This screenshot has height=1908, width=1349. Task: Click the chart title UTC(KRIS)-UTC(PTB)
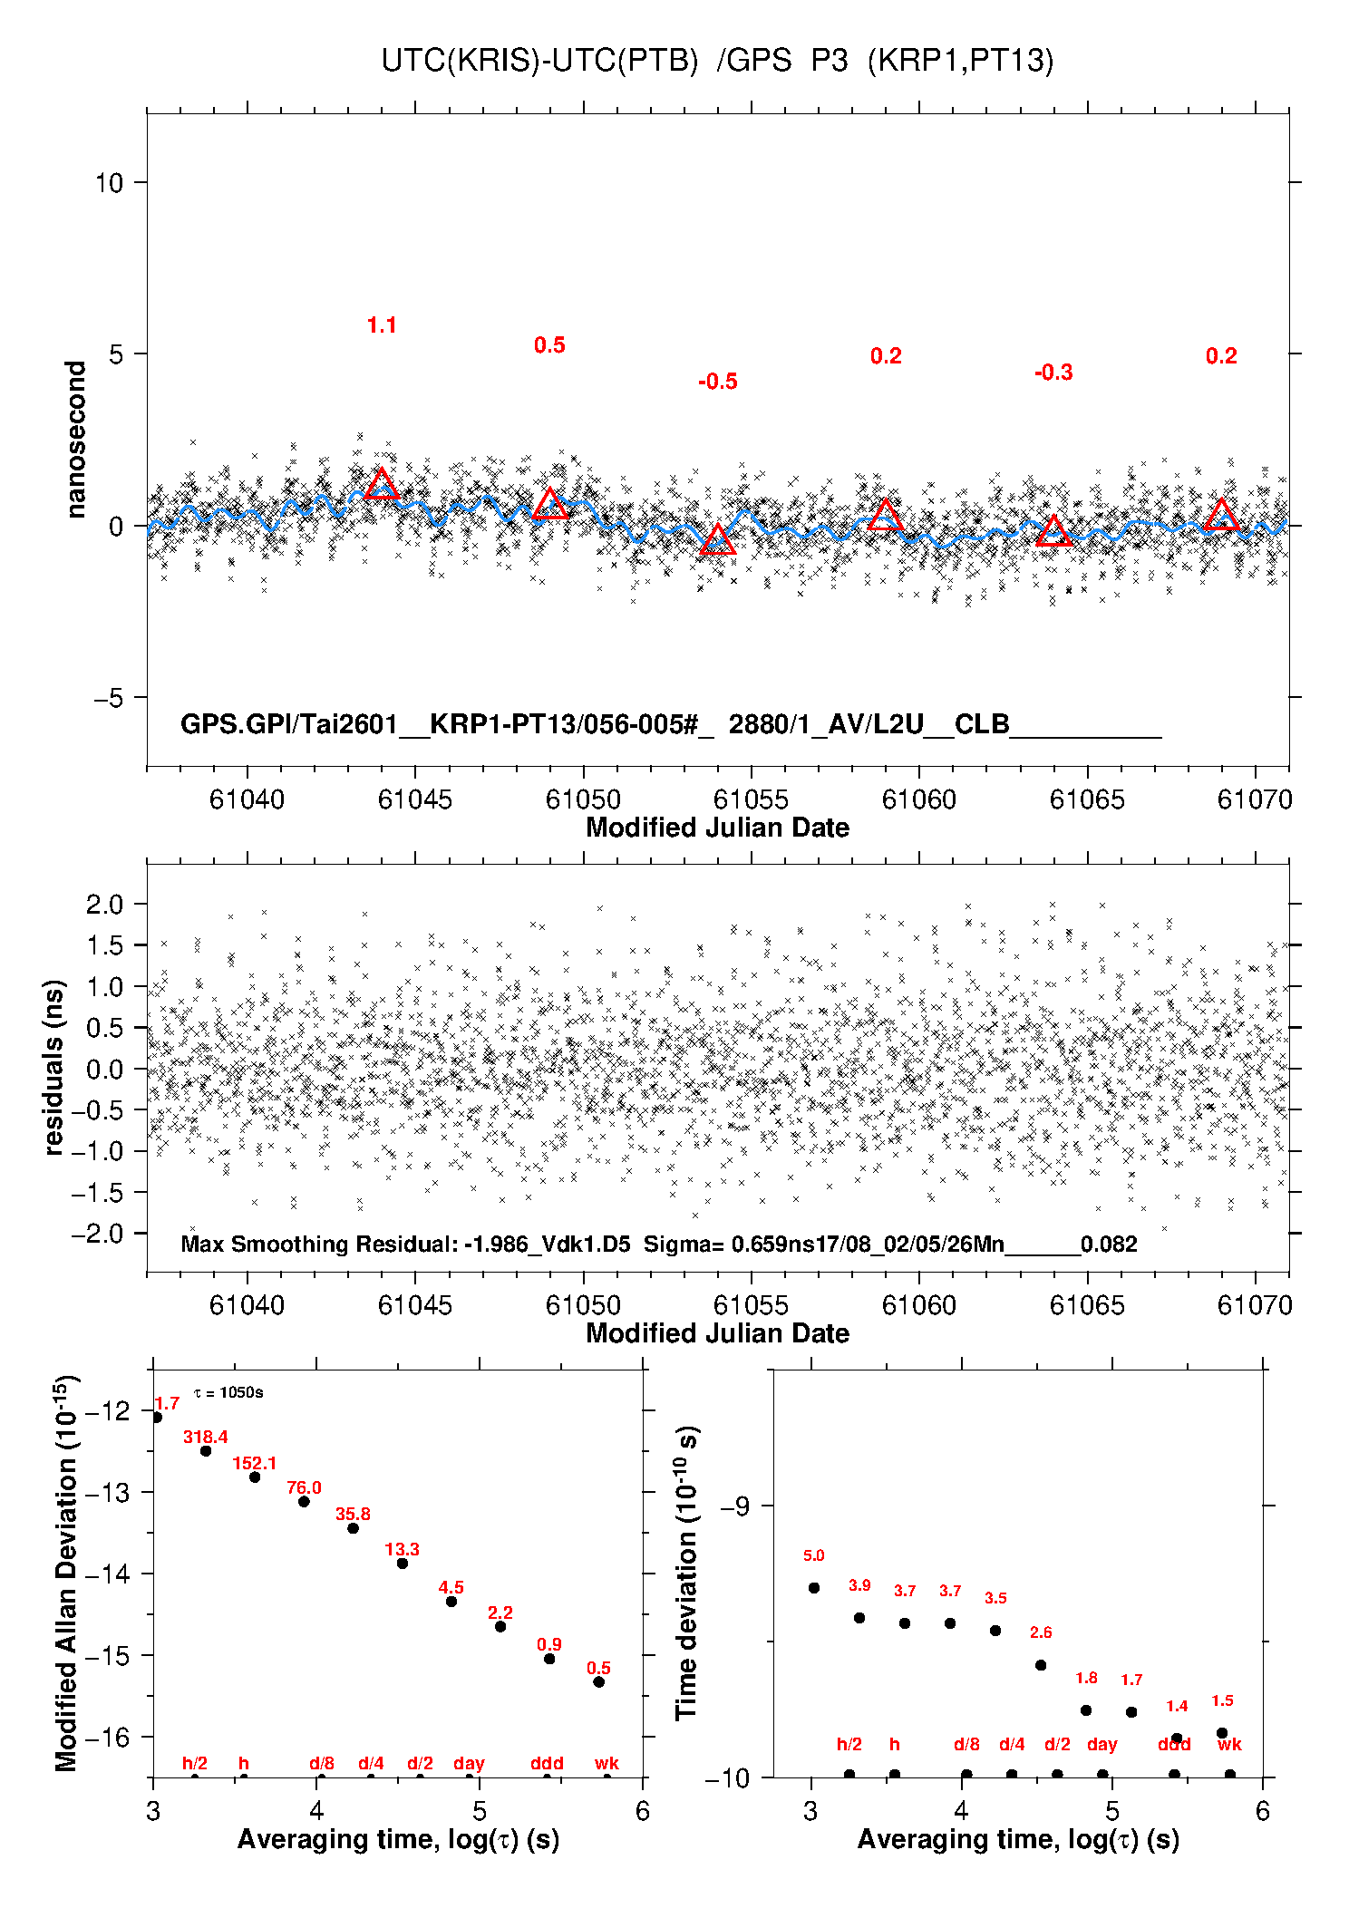pos(539,61)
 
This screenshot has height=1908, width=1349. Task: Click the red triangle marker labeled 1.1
pos(382,484)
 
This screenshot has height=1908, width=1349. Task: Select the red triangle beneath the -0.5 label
pos(717,539)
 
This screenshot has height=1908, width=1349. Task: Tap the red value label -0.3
pos(1053,373)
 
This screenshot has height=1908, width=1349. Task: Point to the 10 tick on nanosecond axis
pos(109,183)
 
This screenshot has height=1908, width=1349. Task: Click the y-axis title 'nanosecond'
pos(75,440)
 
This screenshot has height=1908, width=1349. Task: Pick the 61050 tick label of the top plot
pos(583,799)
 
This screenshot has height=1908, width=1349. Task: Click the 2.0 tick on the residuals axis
pos(104,904)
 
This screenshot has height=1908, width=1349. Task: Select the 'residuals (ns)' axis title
pos(54,1067)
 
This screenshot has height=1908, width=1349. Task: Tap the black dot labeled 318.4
pos(206,1451)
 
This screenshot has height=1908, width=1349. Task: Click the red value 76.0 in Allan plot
pos(304,1487)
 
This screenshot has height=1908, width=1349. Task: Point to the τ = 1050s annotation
pos(228,1392)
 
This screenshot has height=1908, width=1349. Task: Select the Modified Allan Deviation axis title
pos(66,1573)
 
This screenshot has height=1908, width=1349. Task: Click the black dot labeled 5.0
pos(814,1587)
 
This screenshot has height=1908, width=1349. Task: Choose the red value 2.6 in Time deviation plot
pos(1041,1632)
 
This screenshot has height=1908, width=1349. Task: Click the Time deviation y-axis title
pos(686,1573)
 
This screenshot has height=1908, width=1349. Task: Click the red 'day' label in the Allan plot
pos(469,1763)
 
